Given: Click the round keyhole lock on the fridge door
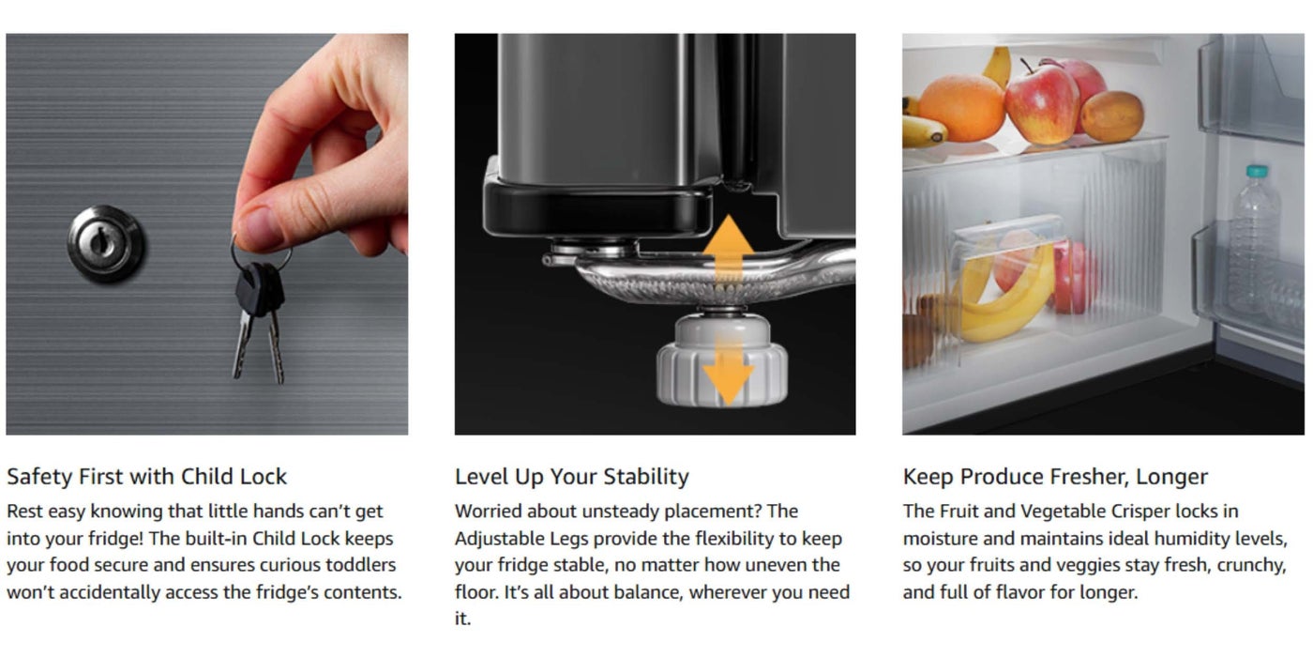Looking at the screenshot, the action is [105, 242].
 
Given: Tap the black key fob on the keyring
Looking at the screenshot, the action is [260, 289].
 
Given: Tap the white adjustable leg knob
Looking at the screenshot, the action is [721, 359].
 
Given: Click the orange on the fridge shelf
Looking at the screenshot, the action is [961, 108].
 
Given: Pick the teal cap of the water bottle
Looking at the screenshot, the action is [1256, 171].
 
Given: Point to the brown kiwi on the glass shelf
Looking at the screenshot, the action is [1112, 116].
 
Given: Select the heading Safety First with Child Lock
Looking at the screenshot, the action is [146, 477].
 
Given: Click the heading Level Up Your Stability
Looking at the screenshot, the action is [571, 477].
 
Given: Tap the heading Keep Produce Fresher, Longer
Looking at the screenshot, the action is [1055, 477].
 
